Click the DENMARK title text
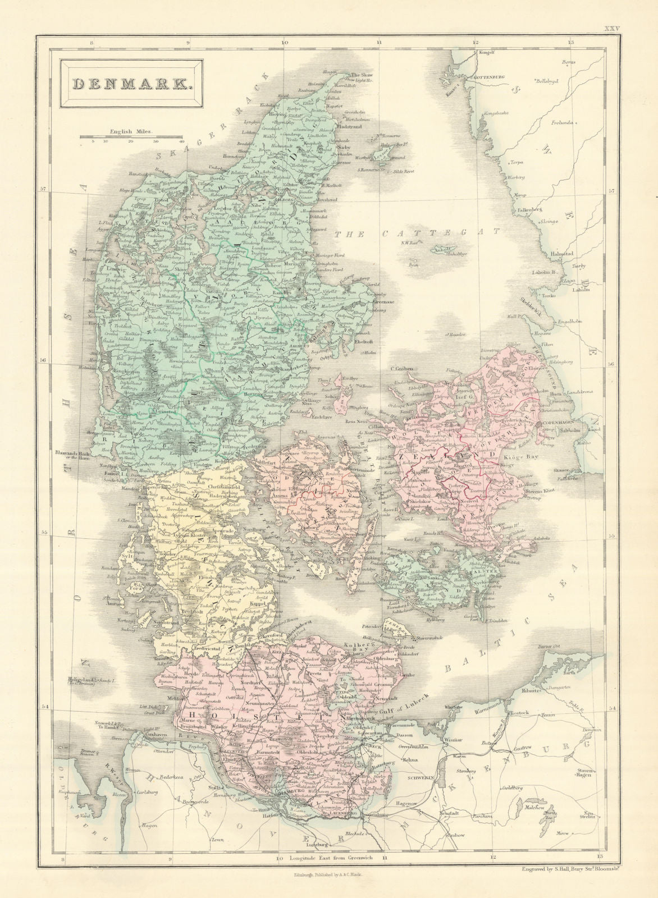pos(130,84)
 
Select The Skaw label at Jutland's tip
pos(362,75)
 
